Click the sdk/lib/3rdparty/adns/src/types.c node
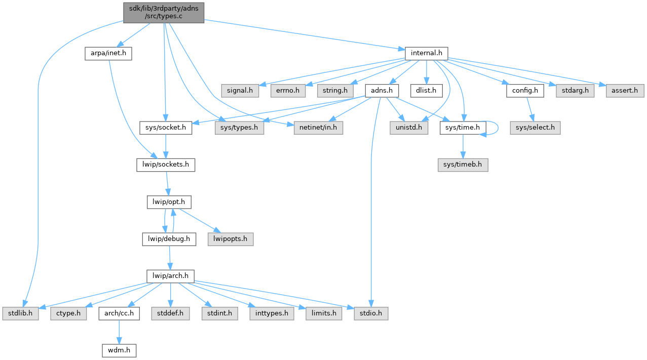point(164,12)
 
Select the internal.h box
point(426,53)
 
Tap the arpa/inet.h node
point(108,53)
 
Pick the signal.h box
point(239,91)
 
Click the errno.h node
point(288,91)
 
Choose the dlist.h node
point(427,91)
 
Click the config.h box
point(524,91)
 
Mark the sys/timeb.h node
point(463,166)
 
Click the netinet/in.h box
point(318,128)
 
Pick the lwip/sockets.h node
point(165,166)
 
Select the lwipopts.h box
point(230,238)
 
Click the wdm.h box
point(118,350)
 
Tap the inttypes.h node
point(272,313)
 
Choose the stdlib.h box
point(20,313)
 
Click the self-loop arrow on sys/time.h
point(497,128)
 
